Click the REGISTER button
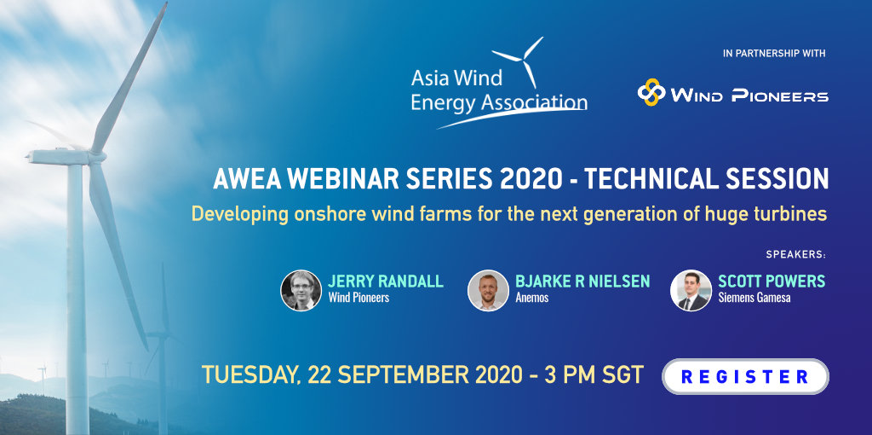click(x=745, y=376)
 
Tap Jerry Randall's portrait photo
click(x=301, y=290)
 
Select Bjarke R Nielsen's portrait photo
click(x=488, y=290)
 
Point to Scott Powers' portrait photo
click(x=691, y=290)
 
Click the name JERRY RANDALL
click(x=386, y=281)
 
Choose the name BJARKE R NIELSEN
click(x=582, y=281)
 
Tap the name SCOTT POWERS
click(x=772, y=281)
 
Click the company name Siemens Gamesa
click(x=754, y=298)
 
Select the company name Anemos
click(x=531, y=298)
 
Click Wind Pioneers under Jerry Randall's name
click(x=359, y=298)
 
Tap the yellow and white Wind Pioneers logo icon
click(x=651, y=92)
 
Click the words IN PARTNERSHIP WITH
click(x=774, y=54)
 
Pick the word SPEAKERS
click(x=795, y=255)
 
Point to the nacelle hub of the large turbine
click(x=95, y=157)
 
